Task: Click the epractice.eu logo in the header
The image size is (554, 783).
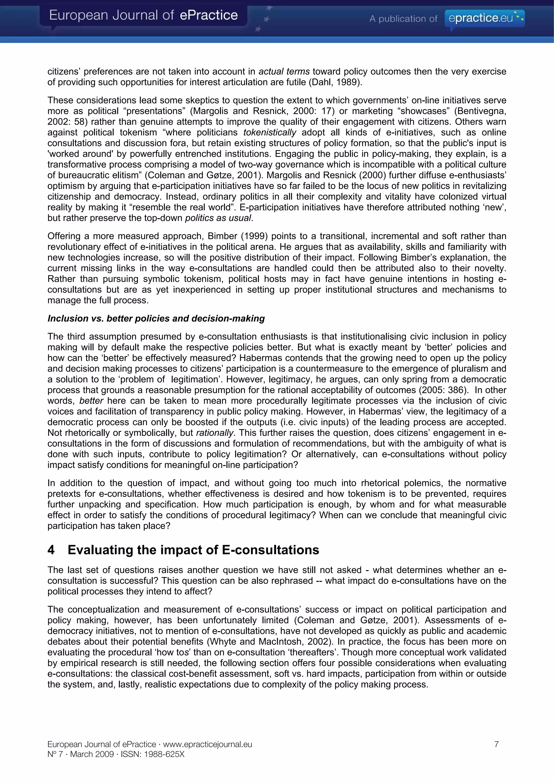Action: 484,18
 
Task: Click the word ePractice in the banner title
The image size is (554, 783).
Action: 209,15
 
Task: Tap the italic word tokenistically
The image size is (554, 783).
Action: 270,132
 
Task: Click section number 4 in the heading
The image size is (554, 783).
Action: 51,550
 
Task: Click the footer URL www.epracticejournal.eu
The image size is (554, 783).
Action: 207,744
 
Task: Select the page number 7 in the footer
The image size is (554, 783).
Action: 496,744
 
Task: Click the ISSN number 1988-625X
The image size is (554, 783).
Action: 164,754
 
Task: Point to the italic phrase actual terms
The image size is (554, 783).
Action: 284,72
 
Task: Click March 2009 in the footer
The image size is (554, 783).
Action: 92,754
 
